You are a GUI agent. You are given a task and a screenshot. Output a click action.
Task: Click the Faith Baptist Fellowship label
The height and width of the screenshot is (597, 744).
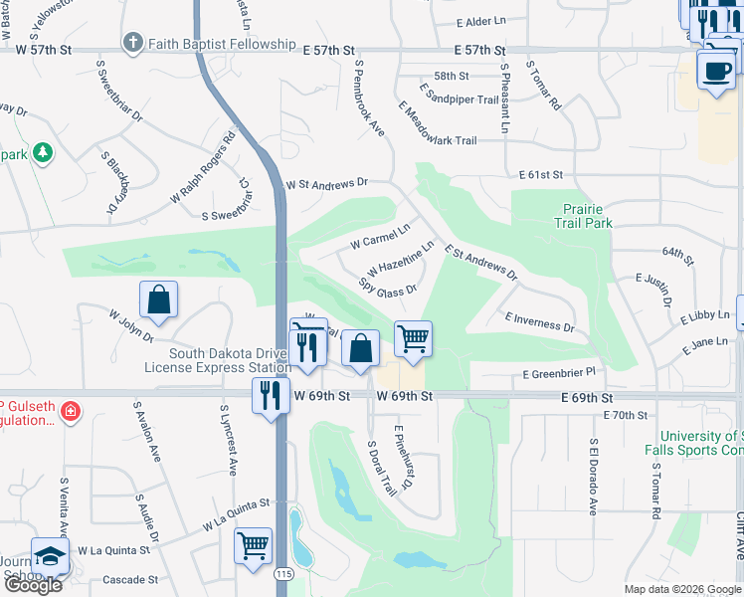[x=222, y=45]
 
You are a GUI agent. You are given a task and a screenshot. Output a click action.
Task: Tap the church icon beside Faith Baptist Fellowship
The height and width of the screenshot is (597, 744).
[x=133, y=44]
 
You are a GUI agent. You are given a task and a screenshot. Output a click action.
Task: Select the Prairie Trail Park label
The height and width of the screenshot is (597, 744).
[x=587, y=217]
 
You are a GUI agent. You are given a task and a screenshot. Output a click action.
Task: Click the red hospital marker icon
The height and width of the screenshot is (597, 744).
[x=69, y=411]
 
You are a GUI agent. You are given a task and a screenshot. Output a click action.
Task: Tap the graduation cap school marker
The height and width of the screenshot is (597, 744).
[x=50, y=557]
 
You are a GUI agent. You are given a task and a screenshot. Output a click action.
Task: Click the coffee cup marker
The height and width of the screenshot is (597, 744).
[x=716, y=71]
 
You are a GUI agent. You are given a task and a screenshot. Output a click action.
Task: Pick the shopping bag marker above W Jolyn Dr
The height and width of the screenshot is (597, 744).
[x=159, y=299]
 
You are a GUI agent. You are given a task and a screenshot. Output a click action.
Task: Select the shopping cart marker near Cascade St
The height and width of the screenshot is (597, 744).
[x=254, y=546]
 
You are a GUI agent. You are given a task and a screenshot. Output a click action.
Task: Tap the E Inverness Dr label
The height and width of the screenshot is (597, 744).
[x=539, y=320]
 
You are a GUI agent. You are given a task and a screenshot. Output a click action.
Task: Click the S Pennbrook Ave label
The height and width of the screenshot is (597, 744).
[x=370, y=99]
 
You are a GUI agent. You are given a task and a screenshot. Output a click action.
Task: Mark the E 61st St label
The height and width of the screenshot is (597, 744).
[x=540, y=175]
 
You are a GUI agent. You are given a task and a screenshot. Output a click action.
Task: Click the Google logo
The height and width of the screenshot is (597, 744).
[x=33, y=585]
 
